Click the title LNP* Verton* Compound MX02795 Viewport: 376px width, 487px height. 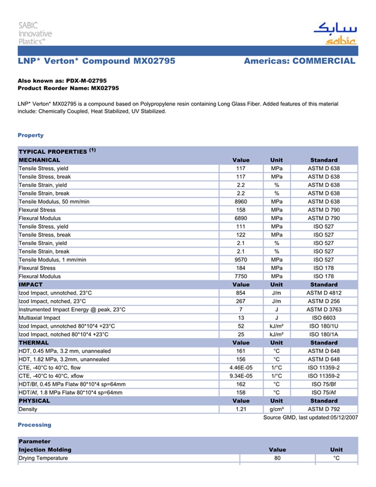click(x=97, y=61)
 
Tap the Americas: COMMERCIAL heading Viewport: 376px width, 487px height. click(x=299, y=61)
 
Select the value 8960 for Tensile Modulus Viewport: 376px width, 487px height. click(x=241, y=202)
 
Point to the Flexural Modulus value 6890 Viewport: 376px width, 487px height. click(x=241, y=218)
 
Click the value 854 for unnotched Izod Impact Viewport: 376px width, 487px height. click(x=241, y=293)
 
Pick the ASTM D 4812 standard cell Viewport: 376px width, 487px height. click(x=324, y=293)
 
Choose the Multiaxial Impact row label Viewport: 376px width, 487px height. click(x=40, y=318)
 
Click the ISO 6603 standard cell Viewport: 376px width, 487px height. click(x=324, y=318)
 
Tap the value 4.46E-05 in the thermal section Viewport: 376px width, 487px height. click(x=241, y=368)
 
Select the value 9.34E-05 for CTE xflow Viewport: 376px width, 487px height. click(x=241, y=376)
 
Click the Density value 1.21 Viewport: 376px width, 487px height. click(x=241, y=409)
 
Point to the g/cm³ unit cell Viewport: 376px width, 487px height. click(x=277, y=409)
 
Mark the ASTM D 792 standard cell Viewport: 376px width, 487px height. click(x=324, y=409)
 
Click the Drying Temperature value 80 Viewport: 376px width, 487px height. click(x=277, y=458)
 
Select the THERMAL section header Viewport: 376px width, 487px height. click(x=34, y=342)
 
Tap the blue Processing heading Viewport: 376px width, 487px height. click(x=34, y=425)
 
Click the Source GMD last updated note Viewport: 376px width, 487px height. click(x=310, y=418)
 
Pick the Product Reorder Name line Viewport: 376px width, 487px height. click(x=68, y=88)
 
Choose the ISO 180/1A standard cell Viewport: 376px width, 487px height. click(x=324, y=334)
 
